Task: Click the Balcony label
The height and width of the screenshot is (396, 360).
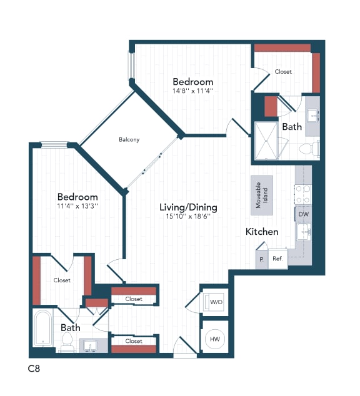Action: click(x=129, y=139)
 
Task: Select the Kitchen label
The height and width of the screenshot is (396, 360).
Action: click(x=261, y=232)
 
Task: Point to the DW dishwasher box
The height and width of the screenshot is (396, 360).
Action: click(x=303, y=214)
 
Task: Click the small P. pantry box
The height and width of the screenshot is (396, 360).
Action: click(x=261, y=259)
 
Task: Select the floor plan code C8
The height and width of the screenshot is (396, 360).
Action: click(x=35, y=369)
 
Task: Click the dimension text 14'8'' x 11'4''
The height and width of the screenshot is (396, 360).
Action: click(x=192, y=91)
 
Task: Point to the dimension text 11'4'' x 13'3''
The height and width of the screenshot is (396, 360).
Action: click(x=77, y=205)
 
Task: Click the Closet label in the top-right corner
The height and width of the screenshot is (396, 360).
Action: click(x=283, y=72)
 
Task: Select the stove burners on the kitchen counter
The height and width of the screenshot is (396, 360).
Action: click(x=303, y=194)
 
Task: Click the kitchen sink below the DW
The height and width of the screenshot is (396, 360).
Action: click(x=303, y=233)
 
